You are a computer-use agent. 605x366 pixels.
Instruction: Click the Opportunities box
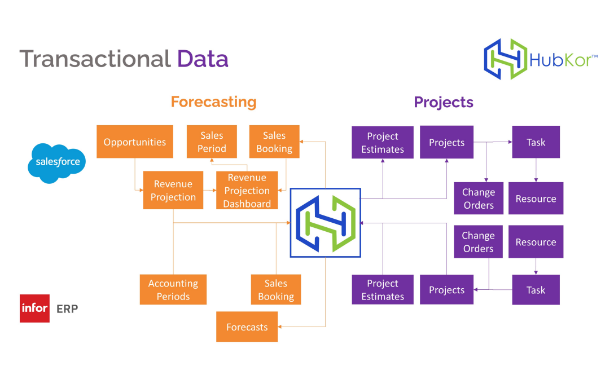135,142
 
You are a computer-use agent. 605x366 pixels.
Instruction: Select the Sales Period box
212,142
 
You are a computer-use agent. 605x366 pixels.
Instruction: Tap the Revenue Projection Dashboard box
247,191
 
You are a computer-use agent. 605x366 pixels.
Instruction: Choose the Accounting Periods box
173,290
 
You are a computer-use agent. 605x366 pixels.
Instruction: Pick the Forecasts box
247,327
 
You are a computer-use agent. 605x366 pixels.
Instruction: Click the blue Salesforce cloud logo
57,162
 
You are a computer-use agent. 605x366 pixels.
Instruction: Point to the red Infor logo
34,308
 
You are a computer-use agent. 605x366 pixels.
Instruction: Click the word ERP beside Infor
67,309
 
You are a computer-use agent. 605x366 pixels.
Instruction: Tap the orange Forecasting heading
213,102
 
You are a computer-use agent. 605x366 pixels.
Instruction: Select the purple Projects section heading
444,102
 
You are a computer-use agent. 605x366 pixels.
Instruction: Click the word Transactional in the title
95,59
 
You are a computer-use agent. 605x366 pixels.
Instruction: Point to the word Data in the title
203,59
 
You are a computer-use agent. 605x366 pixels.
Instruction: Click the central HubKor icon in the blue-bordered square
325,223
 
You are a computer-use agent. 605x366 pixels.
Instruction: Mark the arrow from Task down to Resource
536,170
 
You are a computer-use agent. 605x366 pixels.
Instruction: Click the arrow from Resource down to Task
536,266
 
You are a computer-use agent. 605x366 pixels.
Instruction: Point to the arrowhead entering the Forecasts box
281,327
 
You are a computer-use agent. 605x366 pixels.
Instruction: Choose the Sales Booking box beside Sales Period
274,142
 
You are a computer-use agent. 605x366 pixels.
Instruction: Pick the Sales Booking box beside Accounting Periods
276,290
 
